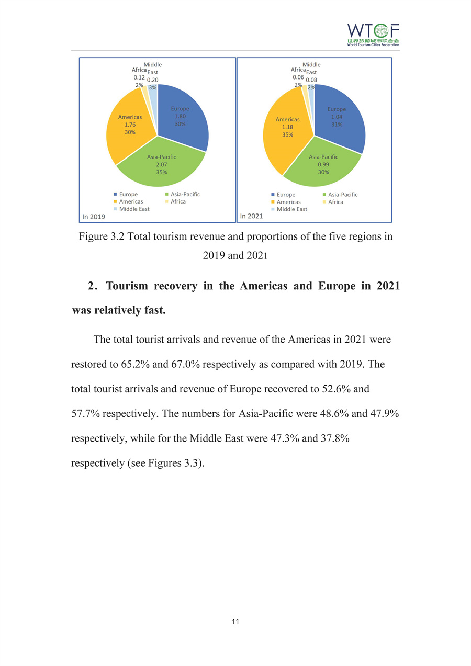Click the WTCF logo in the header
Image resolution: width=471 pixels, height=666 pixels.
pyautogui.click(x=373, y=35)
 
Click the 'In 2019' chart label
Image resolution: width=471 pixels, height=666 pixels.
pyautogui.click(x=94, y=216)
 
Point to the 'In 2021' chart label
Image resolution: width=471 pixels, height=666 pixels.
pyautogui.click(x=251, y=216)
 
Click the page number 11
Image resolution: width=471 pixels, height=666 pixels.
pyautogui.click(x=235, y=622)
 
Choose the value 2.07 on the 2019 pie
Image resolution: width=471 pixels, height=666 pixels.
pyautogui.click(x=161, y=165)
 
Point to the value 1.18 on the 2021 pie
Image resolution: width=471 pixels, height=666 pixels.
pyautogui.click(x=287, y=127)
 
